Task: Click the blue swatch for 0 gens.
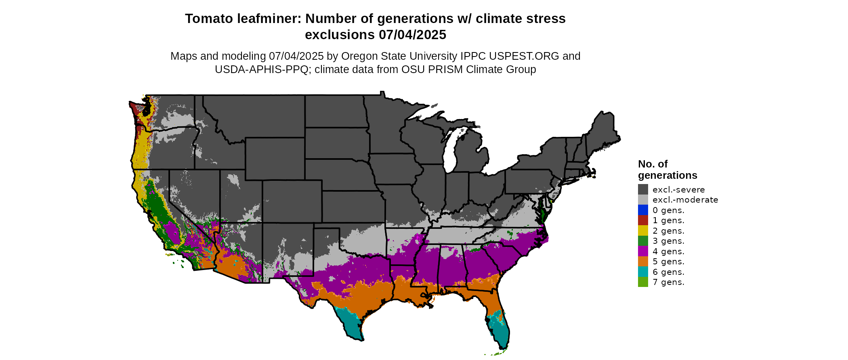(643, 210)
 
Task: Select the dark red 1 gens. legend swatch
(643, 220)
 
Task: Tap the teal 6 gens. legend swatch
(643, 272)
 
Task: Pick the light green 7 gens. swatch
(643, 282)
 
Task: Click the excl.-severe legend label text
(678, 190)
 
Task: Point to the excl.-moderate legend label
(685, 200)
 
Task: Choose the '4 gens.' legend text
(668, 251)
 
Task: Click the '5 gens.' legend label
(668, 262)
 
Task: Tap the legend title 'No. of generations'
(667, 170)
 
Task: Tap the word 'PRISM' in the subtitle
(443, 69)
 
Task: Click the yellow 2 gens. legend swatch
(643, 230)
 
